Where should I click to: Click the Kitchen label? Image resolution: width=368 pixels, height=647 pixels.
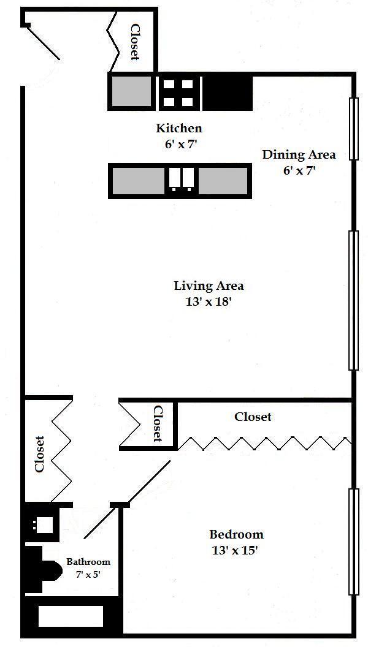[x=179, y=128]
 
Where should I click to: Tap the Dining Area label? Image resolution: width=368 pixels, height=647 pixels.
[x=299, y=155]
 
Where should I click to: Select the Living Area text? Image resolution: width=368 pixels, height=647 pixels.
[x=209, y=285]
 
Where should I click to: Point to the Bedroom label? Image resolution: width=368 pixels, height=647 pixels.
[x=237, y=534]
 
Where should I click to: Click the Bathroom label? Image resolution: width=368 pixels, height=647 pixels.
[x=88, y=562]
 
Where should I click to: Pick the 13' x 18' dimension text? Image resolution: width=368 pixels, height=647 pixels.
[x=208, y=301]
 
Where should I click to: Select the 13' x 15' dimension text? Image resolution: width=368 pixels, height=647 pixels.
[x=236, y=551]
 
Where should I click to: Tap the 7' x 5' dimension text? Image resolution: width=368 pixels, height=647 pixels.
[x=88, y=574]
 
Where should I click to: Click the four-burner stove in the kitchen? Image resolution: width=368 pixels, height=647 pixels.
[x=178, y=93]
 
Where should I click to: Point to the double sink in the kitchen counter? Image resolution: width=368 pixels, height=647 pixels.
[x=181, y=179]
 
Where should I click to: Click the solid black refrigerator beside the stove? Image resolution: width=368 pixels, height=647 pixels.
[x=227, y=93]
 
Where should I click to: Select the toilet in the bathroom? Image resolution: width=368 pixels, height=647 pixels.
[x=45, y=570]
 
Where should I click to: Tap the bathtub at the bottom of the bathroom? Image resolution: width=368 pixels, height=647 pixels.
[x=71, y=616]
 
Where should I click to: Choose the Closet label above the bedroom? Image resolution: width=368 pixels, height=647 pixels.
[x=253, y=417]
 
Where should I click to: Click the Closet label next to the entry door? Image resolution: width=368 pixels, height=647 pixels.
[x=135, y=42]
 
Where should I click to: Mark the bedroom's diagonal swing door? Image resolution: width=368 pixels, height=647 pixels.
[x=127, y=499]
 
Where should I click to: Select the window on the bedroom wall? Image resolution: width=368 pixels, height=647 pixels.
[x=353, y=542]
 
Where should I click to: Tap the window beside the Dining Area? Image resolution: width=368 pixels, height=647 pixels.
[x=353, y=129]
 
